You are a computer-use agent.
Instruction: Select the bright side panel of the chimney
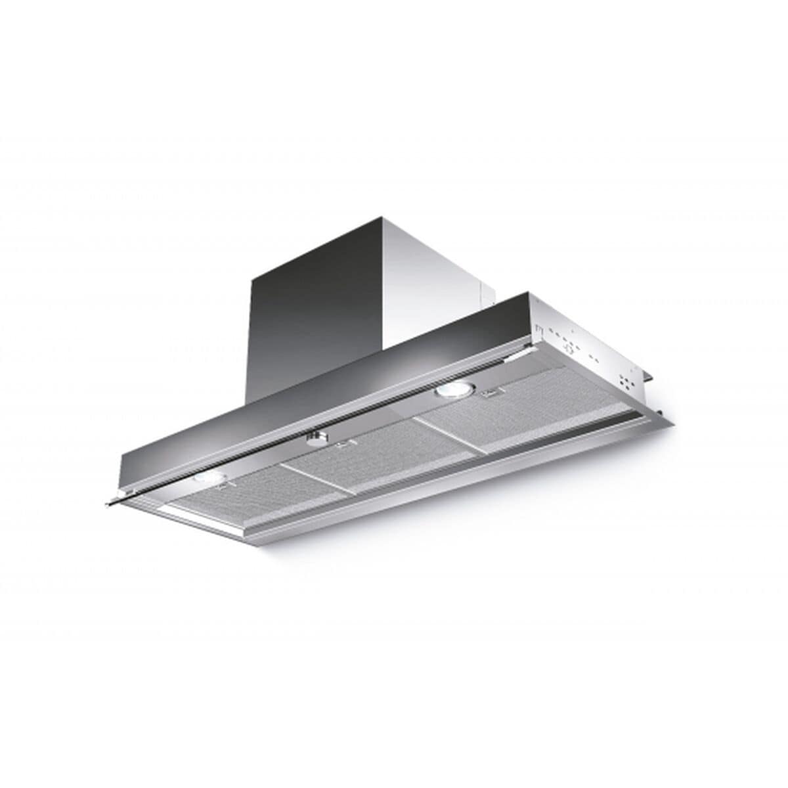click(x=433, y=276)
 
